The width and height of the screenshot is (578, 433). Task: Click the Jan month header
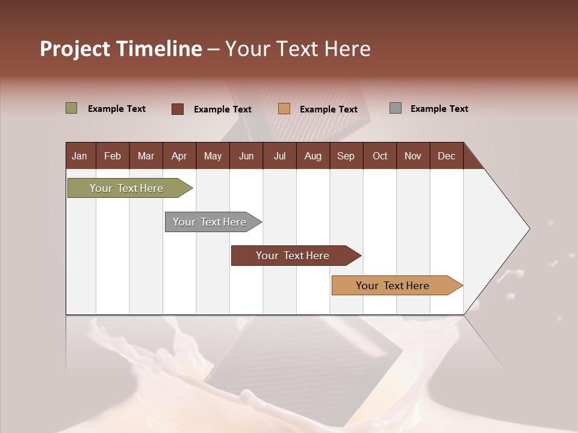click(x=79, y=156)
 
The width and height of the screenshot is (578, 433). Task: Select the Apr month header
click(x=179, y=156)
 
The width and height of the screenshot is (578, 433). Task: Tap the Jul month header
click(x=279, y=156)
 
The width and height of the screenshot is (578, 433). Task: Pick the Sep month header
click(x=346, y=156)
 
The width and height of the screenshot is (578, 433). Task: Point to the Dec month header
click(x=446, y=156)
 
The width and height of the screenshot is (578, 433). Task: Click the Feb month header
click(x=113, y=156)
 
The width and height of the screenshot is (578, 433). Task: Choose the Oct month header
click(x=380, y=156)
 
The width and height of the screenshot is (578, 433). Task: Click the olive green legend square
click(x=72, y=108)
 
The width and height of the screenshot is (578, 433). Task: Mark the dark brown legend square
click(x=178, y=109)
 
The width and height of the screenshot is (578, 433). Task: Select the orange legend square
click(x=284, y=109)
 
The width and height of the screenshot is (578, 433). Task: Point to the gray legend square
click(x=396, y=108)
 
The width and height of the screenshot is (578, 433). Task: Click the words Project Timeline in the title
click(x=121, y=49)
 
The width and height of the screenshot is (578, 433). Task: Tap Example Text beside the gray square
click(x=439, y=109)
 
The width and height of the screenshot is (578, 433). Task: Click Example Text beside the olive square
click(x=117, y=109)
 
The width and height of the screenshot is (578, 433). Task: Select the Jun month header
click(x=246, y=156)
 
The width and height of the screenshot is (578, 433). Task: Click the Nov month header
click(x=413, y=156)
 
